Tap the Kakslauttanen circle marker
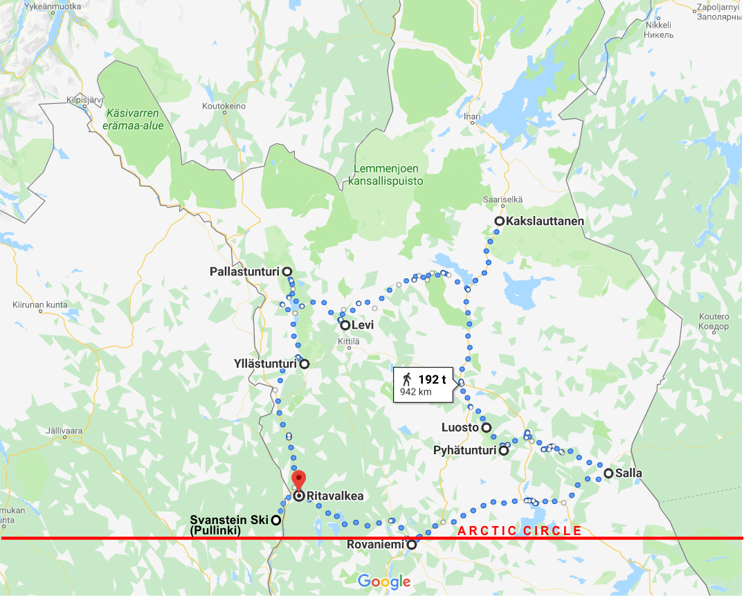(499, 221)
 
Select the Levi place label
(363, 325)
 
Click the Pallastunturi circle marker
(287, 271)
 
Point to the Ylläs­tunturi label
(266, 363)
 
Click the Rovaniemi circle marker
(412, 545)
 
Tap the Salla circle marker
(608, 473)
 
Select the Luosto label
(460, 428)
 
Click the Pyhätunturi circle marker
(504, 451)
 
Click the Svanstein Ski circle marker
(275, 520)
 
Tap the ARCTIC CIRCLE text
(519, 531)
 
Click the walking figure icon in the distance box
(407, 379)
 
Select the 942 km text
(416, 392)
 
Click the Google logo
(384, 581)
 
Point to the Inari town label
(473, 117)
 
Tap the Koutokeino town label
(224, 107)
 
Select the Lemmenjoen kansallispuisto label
(388, 174)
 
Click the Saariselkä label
(503, 199)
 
